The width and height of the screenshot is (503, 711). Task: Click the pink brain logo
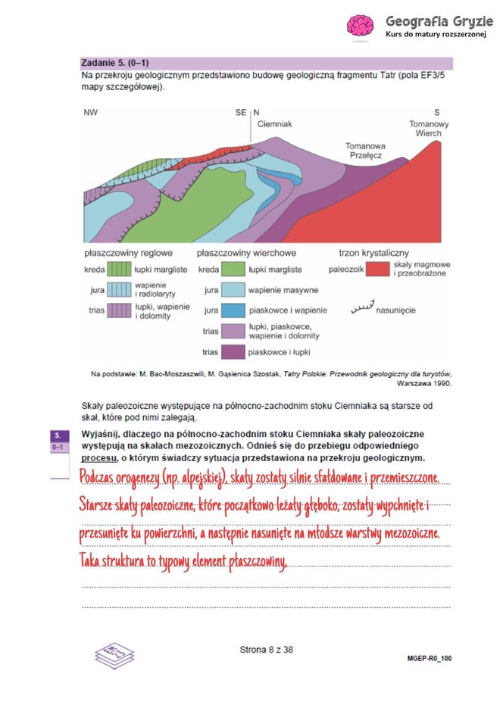[x=360, y=26]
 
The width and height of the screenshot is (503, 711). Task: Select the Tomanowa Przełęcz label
[x=365, y=149]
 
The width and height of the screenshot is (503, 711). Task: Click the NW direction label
[x=91, y=112]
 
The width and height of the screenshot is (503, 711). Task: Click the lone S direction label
[x=436, y=112]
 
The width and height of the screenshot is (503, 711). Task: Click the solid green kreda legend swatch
[x=233, y=270]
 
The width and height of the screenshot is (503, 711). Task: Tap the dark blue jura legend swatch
[x=233, y=310]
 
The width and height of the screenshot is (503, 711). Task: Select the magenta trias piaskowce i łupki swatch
[x=233, y=352]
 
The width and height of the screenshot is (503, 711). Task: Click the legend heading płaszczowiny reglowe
[x=128, y=252]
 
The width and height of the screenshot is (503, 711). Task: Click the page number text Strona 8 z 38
[x=266, y=649]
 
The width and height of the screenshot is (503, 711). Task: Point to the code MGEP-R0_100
[x=429, y=659]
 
